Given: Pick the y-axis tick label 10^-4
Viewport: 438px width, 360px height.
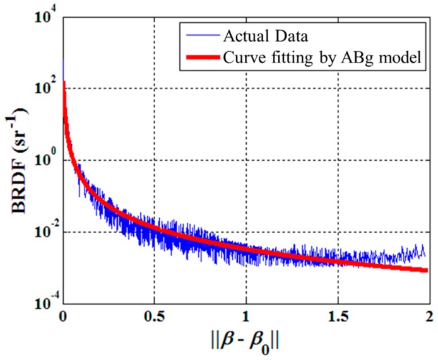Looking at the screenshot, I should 43,304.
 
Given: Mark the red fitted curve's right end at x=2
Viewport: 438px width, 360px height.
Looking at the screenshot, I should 427,270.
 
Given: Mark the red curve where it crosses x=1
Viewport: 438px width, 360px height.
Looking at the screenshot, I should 246,250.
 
